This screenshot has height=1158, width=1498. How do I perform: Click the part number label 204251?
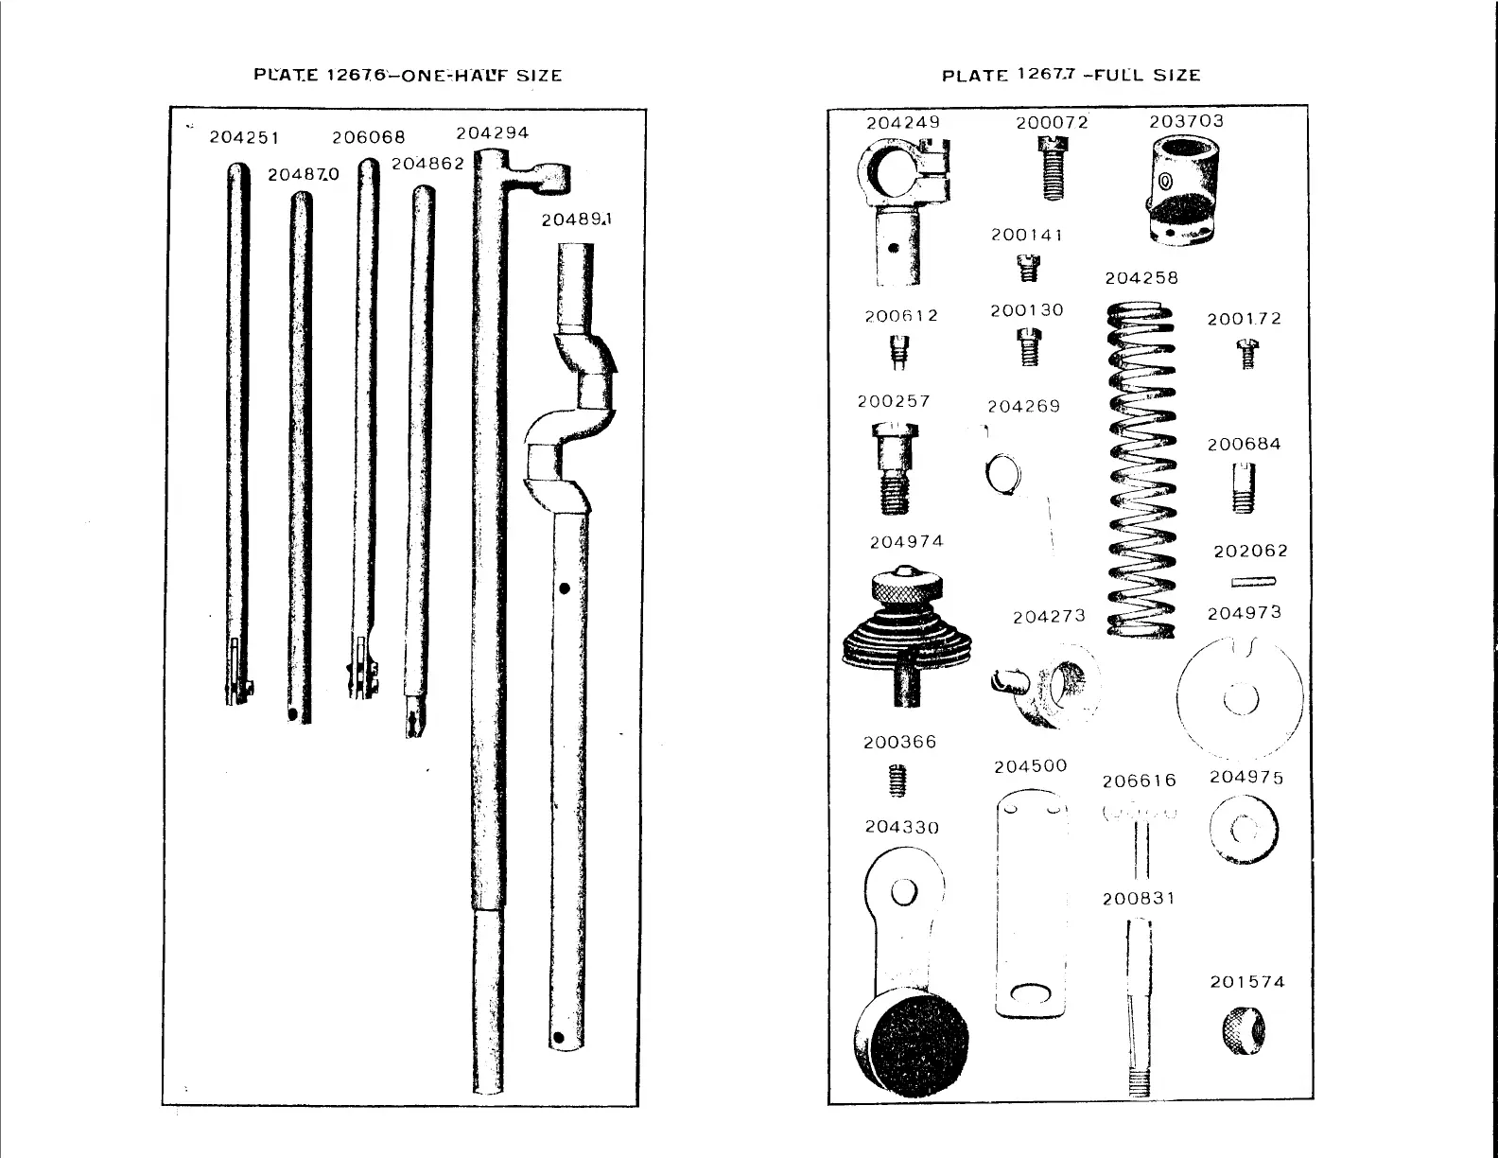point(244,137)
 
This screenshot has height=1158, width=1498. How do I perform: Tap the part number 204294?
point(492,132)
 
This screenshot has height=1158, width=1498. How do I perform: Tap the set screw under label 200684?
point(1244,488)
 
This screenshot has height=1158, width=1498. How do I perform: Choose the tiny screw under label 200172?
point(1246,356)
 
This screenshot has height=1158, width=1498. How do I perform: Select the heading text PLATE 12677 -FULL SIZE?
point(1071,76)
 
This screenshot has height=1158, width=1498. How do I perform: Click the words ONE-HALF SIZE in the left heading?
point(482,76)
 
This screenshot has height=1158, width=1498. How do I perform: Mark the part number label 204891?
point(577,219)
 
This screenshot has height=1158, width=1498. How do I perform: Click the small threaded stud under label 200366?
point(899,781)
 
